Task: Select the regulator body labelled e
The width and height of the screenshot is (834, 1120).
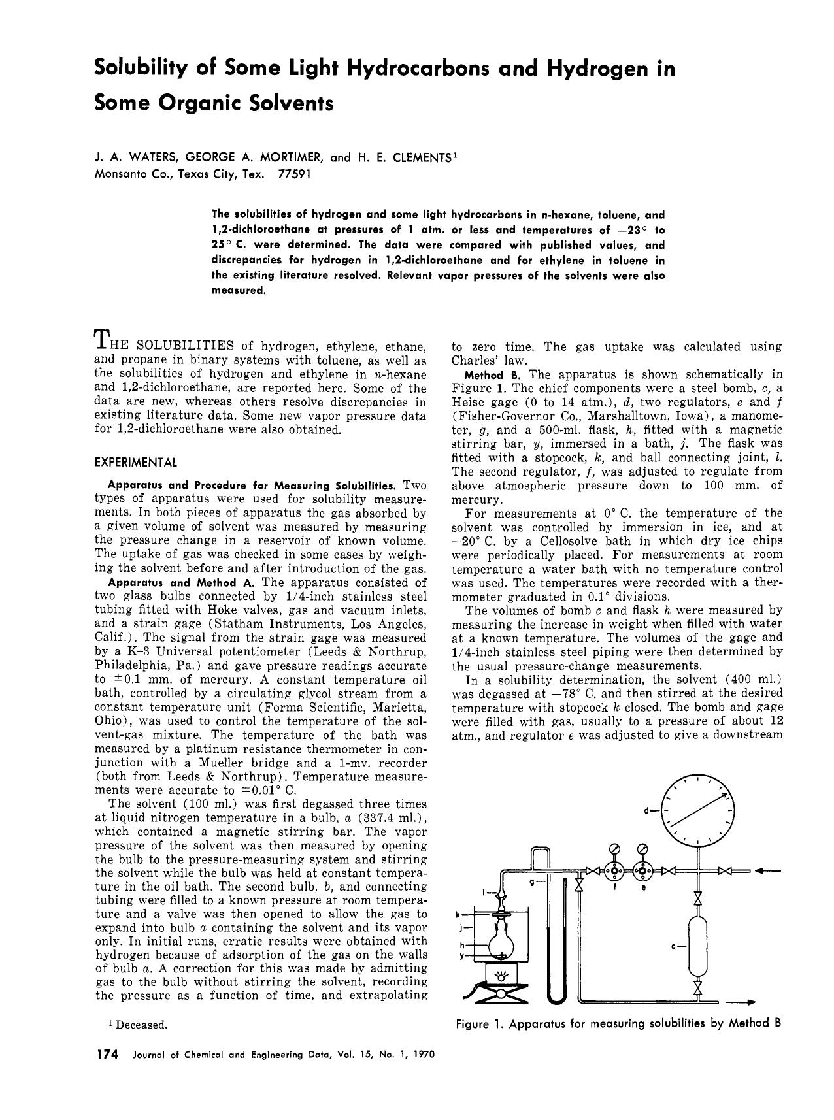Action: (x=644, y=871)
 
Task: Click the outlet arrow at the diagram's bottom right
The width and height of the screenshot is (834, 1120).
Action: (x=744, y=1002)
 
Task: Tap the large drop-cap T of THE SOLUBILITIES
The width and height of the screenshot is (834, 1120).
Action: (x=102, y=338)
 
